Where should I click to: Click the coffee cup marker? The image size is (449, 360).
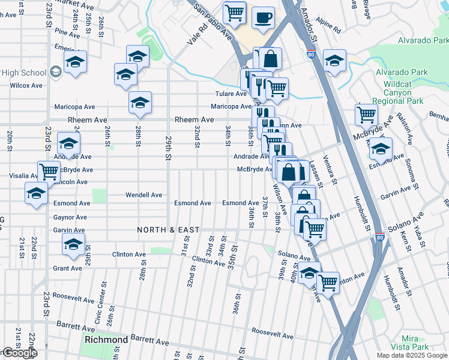[x=263, y=17]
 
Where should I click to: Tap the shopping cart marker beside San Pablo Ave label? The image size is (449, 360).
[x=234, y=12]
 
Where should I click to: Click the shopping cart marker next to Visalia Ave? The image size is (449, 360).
[x=49, y=172]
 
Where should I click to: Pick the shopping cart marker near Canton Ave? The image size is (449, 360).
[x=328, y=282]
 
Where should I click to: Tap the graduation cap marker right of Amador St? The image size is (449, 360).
[x=334, y=60]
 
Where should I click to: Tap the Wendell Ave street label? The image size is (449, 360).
[x=143, y=195]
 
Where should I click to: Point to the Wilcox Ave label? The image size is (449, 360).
[x=26, y=85]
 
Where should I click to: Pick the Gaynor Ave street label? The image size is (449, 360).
[x=70, y=217]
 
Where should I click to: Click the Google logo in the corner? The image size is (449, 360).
[x=19, y=353]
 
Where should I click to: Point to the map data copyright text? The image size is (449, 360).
[x=411, y=355]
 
